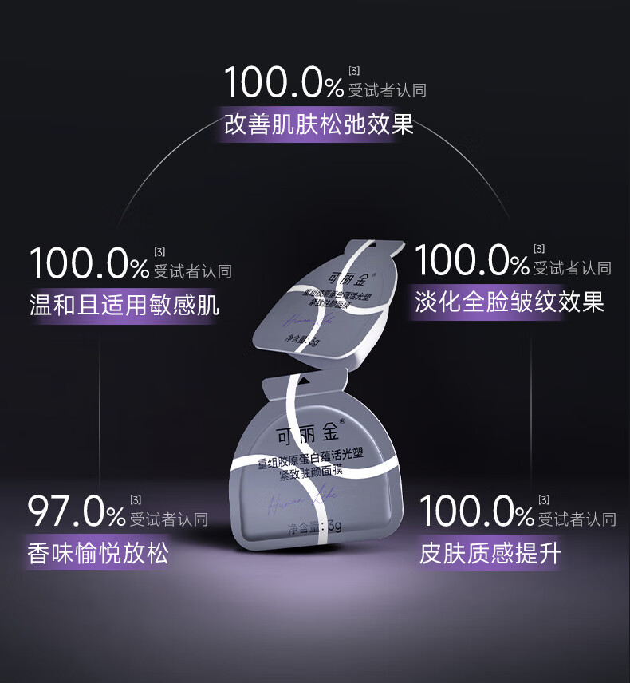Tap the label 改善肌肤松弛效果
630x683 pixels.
[x=319, y=125]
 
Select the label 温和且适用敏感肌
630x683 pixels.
[x=124, y=305]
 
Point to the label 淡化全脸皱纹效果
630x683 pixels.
[x=510, y=302]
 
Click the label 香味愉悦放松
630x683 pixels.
[x=99, y=553]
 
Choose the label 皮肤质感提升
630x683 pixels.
[x=490, y=552]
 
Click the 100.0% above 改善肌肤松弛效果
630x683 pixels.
[x=284, y=82]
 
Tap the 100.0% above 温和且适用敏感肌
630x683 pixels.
[x=89, y=263]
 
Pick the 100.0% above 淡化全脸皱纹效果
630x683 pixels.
[x=472, y=261]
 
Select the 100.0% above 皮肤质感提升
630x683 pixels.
[x=477, y=511]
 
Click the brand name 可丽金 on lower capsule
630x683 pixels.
[x=307, y=435]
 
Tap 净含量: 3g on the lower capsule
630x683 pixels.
[x=315, y=527]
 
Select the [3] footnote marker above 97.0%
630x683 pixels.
[x=136, y=500]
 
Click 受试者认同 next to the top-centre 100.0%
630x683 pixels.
[x=388, y=90]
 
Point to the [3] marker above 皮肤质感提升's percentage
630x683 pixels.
[x=544, y=500]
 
